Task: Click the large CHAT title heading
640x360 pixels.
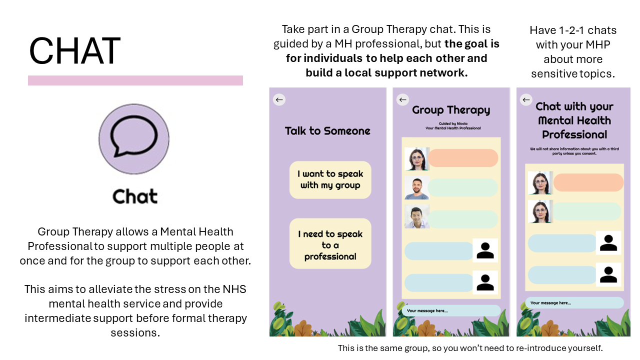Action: pos(74,51)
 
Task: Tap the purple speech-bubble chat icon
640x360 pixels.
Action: pos(134,139)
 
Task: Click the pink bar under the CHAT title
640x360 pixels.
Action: pos(135,80)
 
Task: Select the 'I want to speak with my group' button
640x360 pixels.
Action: pos(330,179)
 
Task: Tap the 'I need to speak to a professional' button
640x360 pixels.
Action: pos(330,245)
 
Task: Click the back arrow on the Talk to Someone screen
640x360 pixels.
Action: pos(279,99)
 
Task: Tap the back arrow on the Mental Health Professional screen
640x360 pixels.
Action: pos(525,100)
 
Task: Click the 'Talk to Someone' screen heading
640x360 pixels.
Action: pos(327,131)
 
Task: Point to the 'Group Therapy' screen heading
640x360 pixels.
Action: pos(451,110)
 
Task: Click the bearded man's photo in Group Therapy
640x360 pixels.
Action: pos(416,188)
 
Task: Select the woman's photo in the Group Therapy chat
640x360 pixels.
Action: pos(416,159)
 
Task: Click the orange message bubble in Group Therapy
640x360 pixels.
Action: pos(463,158)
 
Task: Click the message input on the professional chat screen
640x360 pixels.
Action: pos(574,302)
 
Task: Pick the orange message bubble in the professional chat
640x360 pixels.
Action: pos(588,182)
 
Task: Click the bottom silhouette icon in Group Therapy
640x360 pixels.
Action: pos(485,282)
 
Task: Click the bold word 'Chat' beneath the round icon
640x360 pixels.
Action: pos(134,196)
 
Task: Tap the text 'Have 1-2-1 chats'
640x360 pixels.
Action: pos(573,30)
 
